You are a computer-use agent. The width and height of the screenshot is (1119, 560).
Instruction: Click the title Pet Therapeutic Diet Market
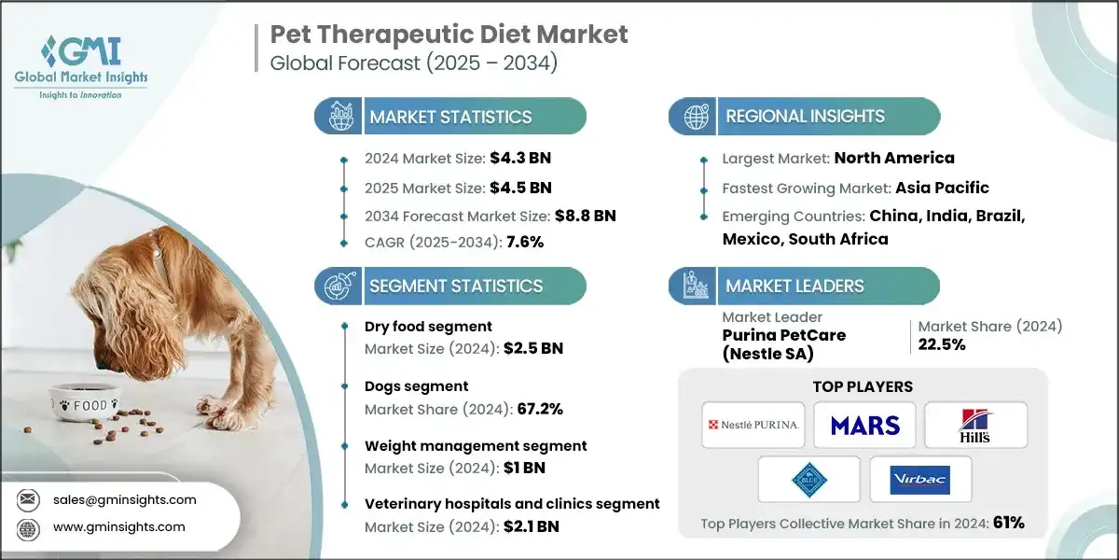(449, 35)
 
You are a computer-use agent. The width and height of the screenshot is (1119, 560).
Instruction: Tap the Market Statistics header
(450, 117)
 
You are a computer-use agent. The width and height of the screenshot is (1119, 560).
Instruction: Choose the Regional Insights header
(805, 117)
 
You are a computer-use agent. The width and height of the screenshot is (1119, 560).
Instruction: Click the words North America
(893, 158)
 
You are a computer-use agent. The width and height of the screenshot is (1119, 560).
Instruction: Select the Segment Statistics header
(455, 286)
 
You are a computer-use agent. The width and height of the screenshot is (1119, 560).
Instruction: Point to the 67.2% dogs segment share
(532, 409)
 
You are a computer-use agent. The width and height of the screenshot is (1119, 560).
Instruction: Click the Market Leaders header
(796, 286)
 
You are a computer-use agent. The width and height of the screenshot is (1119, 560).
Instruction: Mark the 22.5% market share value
(941, 344)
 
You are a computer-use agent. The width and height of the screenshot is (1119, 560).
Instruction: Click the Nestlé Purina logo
(751, 425)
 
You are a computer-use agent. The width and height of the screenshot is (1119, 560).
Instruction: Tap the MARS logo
(863, 426)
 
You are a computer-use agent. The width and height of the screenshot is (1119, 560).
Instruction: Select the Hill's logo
(975, 426)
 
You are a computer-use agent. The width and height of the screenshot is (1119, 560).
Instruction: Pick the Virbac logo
(919, 480)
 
